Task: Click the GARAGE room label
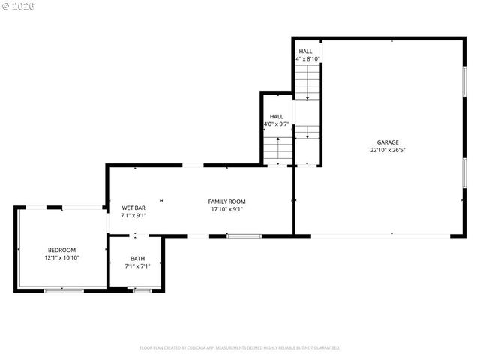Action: [388, 142]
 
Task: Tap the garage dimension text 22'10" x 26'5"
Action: [388, 150]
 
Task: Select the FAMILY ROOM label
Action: [226, 202]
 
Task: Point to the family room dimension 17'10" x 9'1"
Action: [226, 209]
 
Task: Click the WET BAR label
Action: [133, 208]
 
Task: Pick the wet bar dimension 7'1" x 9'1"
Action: [133, 215]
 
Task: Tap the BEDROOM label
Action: [61, 250]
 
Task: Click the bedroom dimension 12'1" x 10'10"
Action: [61, 257]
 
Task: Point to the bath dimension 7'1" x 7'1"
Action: [137, 265]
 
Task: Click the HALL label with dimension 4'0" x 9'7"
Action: [277, 117]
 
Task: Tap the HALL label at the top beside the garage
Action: [305, 51]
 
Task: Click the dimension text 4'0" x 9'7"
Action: [277, 124]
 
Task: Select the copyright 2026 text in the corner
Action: [18, 6]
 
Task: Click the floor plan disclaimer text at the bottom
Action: [240, 348]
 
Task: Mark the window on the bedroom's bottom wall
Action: [64, 289]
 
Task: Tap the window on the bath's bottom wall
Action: [142, 289]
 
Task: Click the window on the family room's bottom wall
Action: [244, 236]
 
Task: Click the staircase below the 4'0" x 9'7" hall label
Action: [277, 149]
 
